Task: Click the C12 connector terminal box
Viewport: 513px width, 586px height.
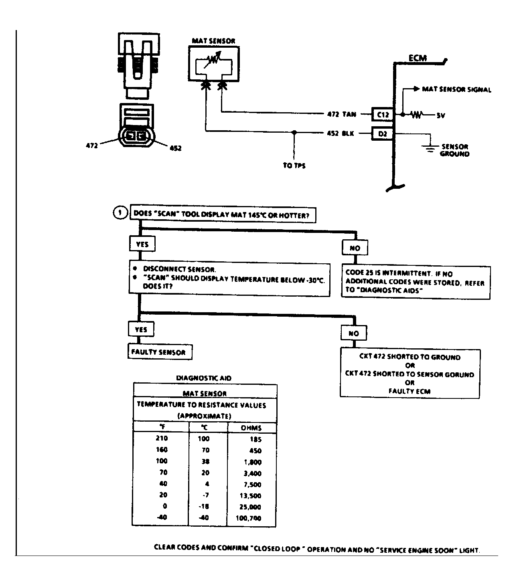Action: pos(383,115)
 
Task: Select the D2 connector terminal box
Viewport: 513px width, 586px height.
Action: pos(382,134)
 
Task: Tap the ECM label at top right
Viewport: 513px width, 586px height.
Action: pos(418,58)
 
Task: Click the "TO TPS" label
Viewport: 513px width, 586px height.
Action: pos(294,166)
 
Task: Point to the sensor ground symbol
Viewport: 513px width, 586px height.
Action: pos(430,148)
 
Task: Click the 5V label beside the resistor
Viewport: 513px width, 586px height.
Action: pos(441,116)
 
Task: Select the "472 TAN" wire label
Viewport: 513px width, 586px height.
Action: pos(342,114)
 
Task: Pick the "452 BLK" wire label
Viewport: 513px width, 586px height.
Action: pos(340,133)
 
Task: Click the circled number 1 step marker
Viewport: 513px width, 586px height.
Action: pos(120,213)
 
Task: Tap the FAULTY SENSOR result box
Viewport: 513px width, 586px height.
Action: pos(160,352)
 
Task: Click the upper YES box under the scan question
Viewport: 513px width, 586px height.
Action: pos(142,244)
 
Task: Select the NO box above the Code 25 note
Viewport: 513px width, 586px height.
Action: pos(355,248)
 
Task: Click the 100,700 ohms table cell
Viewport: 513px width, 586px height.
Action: pos(248,518)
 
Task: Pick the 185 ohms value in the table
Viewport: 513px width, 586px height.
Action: pos(255,439)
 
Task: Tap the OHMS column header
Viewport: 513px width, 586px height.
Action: pos(251,428)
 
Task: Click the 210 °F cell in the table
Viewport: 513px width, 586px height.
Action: pos(162,438)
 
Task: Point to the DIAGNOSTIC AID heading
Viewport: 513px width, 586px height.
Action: pos(203,378)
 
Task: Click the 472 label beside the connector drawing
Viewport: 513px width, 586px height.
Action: pos(92,145)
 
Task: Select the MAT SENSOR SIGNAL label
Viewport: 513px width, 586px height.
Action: pos(456,90)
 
